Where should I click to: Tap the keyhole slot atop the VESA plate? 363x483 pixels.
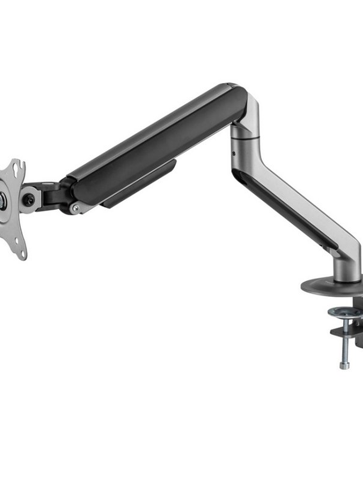(18, 168)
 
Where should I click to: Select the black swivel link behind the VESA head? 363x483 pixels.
(50, 195)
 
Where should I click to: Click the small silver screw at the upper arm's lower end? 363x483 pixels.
(75, 208)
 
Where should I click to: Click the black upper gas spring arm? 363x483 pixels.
(158, 143)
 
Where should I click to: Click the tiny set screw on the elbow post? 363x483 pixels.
(233, 154)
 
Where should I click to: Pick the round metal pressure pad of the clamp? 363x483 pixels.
(345, 312)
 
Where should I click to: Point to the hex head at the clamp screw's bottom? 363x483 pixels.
(344, 366)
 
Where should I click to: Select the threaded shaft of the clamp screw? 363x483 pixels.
(344, 350)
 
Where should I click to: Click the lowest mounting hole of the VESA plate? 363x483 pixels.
(21, 255)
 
